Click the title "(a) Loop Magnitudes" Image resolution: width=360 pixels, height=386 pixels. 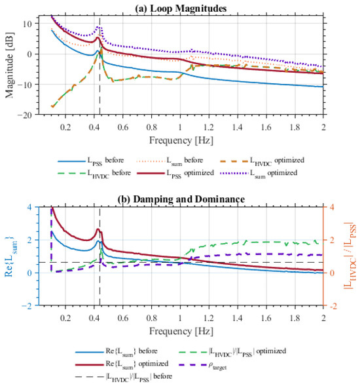point(181,9)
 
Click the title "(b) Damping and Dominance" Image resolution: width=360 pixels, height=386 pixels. point(181,199)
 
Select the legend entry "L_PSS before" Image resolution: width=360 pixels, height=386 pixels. point(91,161)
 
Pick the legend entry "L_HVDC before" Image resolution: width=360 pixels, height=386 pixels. point(94,174)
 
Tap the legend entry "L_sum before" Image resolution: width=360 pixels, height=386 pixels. point(170,161)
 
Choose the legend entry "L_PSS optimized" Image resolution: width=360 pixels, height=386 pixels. point(175,174)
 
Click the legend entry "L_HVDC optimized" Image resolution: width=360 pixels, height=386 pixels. point(262,161)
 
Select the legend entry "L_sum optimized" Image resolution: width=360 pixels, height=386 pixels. point(259,174)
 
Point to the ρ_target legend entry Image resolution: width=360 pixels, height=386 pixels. point(204,365)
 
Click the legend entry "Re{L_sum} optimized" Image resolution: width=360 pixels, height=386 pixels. point(122,364)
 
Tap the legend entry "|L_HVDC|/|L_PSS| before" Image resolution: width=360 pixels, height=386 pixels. point(124,377)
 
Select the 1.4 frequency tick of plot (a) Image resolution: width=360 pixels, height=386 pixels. point(238,127)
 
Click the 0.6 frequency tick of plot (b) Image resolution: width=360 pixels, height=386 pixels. point(122,318)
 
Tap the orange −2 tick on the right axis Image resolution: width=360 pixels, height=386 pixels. point(333,306)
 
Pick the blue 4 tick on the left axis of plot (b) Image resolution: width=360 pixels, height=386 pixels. point(29,207)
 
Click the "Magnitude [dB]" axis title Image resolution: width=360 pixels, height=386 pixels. point(9,65)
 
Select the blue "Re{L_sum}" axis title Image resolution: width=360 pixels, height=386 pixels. point(10,256)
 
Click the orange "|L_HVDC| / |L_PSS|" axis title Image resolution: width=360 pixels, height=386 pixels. point(350,256)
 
